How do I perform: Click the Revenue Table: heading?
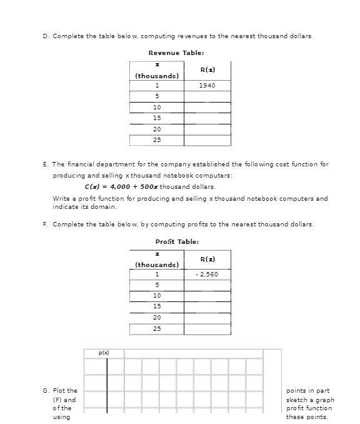coord(176,53)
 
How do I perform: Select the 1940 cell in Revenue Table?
coord(207,85)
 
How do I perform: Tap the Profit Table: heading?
coord(177,241)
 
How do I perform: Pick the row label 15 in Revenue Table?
coord(157,118)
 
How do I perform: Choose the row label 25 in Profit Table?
coord(157,328)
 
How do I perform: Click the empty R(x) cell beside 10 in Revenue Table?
coord(207,107)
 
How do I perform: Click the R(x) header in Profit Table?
coord(207,258)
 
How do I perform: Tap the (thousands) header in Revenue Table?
coord(157,76)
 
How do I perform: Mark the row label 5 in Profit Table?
coord(157,285)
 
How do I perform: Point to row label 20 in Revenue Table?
coord(157,129)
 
